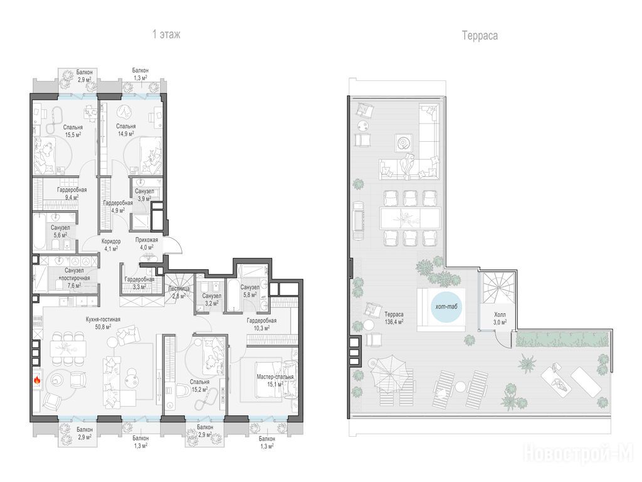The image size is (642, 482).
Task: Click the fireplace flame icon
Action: point(37,380)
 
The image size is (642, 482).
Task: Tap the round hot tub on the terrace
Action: point(446,306)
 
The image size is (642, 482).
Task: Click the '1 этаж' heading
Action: point(166,34)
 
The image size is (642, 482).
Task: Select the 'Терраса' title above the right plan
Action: point(480,36)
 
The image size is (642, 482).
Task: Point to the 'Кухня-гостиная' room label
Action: point(103,319)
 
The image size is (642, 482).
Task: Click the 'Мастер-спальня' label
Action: point(275,377)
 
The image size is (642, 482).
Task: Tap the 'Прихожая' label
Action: point(147,240)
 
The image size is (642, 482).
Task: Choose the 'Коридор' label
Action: point(111,241)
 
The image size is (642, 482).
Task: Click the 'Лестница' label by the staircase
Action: point(179,288)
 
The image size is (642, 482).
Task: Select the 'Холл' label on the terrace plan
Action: point(500,314)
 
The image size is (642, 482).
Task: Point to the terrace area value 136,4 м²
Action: point(394,322)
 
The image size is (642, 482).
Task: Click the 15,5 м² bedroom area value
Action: point(73,134)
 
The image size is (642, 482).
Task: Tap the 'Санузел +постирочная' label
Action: point(75,274)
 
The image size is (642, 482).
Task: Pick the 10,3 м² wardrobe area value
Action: point(261,328)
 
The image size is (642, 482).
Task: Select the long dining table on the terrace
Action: point(410,218)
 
